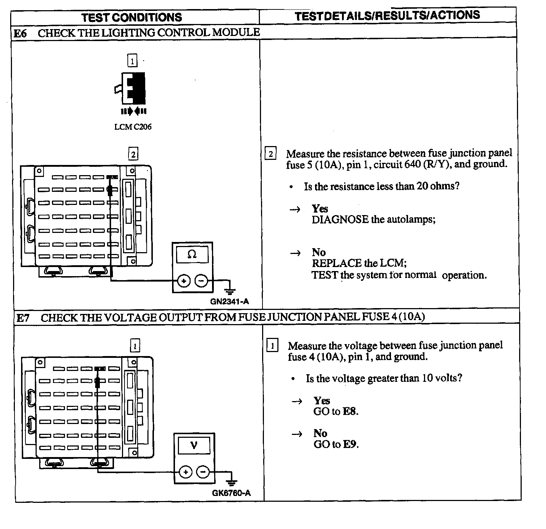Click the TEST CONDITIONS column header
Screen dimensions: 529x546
(x=131, y=17)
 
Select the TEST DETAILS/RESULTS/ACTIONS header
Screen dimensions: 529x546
(x=387, y=16)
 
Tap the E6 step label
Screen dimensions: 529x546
(x=20, y=33)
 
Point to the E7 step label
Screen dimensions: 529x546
(x=23, y=318)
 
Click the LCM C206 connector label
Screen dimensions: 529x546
(x=133, y=127)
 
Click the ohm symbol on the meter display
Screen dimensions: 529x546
(x=192, y=255)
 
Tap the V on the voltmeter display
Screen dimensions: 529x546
(x=194, y=445)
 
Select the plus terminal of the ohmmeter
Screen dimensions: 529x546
(x=184, y=280)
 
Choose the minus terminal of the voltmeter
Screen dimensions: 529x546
(x=203, y=472)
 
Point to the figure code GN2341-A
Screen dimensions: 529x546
(x=229, y=302)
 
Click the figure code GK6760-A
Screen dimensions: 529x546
(x=231, y=493)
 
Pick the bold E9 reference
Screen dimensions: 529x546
(x=350, y=444)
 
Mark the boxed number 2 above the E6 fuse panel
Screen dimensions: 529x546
(x=133, y=154)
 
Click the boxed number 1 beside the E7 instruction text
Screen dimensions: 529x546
(x=272, y=345)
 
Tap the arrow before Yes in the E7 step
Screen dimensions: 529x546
(x=297, y=401)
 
